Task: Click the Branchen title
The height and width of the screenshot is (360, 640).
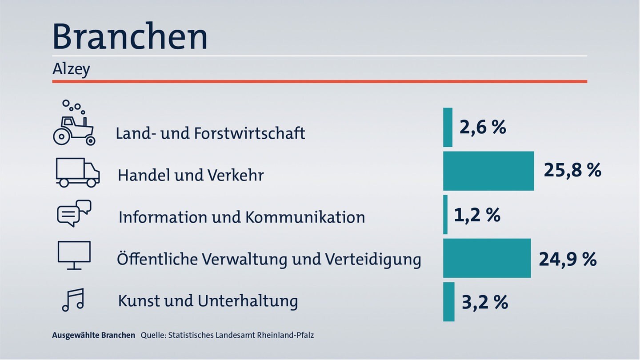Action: (130, 36)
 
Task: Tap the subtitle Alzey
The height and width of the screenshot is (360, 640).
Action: (71, 69)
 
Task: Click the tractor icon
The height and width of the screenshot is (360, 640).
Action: (74, 123)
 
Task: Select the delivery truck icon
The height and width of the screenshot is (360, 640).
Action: (78, 172)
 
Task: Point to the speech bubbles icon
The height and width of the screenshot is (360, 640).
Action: (74, 213)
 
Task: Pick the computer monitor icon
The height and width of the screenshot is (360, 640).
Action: (74, 255)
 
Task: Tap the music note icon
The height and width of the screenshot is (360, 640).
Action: (73, 300)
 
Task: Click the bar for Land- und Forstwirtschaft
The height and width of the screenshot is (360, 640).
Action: (448, 128)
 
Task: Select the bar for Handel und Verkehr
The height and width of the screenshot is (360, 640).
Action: (488, 171)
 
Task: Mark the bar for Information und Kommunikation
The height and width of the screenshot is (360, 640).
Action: (445, 215)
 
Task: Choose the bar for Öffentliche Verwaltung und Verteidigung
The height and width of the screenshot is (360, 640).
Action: (487, 258)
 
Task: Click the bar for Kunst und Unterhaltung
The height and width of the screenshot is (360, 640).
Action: (449, 302)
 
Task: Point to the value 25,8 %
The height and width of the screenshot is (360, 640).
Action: (572, 170)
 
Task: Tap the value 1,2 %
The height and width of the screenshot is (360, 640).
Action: (477, 215)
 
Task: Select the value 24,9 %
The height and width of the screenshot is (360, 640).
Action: (568, 260)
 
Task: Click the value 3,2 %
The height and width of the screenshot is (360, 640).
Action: (485, 302)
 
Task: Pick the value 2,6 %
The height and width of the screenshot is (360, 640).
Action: (483, 127)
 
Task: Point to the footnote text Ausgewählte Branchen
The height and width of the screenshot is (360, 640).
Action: (93, 335)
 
